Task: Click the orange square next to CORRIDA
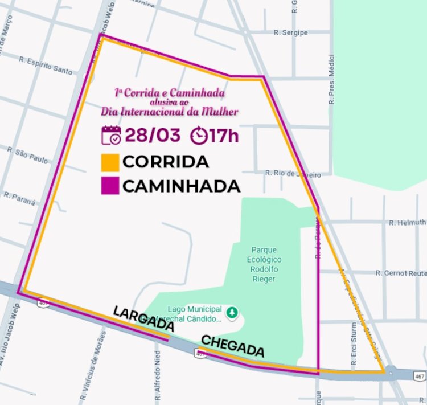(x=110, y=162)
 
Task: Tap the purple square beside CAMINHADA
(x=110, y=186)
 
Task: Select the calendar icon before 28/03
(x=111, y=135)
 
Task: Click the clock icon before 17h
(x=199, y=136)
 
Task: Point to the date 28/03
(x=152, y=136)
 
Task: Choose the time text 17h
(x=224, y=136)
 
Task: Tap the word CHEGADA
(x=232, y=346)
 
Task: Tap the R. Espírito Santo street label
(x=46, y=65)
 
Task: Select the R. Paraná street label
(x=19, y=198)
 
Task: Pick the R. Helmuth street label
(x=407, y=222)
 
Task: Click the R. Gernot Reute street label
(x=401, y=273)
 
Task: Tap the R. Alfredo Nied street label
(x=158, y=370)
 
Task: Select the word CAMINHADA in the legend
(x=182, y=186)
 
